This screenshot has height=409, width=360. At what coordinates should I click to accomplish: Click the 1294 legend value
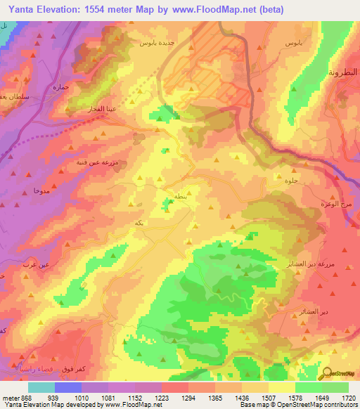(x=188, y=398)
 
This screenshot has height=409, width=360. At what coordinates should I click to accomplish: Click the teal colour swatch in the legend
(x=41, y=387)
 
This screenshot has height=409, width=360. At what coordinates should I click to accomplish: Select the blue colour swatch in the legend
(x=68, y=387)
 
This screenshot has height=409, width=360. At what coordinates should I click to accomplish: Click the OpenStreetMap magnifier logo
(x=328, y=374)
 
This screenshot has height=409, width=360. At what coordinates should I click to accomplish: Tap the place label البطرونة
(x=343, y=73)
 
